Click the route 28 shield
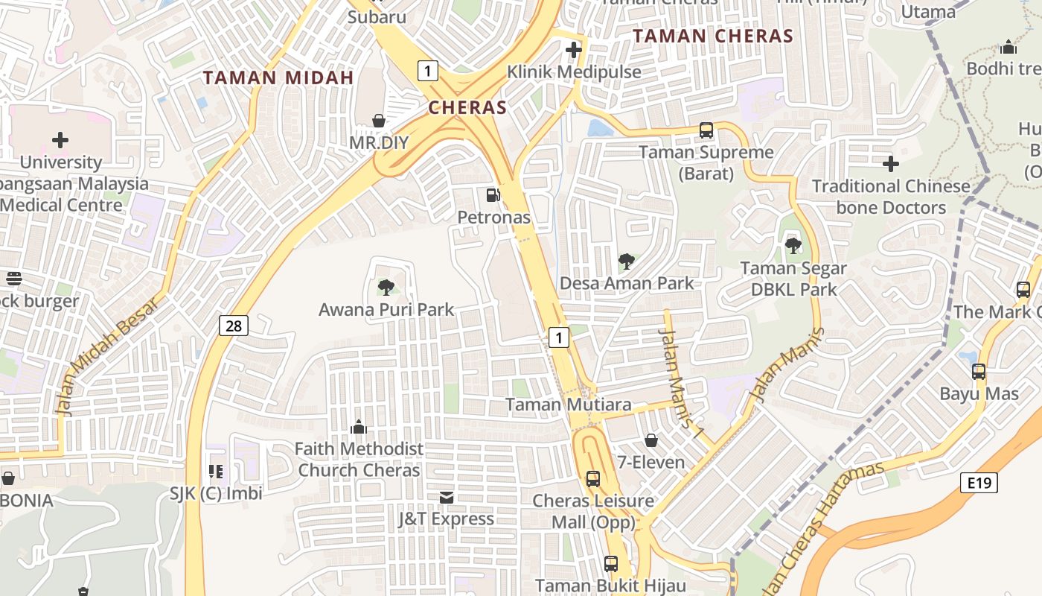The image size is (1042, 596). (234, 326)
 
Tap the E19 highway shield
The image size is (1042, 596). (978, 483)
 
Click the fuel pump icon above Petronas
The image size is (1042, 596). (493, 195)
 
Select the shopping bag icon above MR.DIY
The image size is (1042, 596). (379, 121)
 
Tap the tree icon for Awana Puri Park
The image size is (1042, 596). (386, 287)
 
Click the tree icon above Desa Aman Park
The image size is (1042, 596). (627, 261)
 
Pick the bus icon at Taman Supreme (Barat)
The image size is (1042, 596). (706, 130)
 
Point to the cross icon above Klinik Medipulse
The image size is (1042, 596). (573, 51)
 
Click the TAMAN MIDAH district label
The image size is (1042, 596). (278, 77)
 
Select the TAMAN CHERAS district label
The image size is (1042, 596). (712, 36)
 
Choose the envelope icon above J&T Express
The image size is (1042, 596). (447, 497)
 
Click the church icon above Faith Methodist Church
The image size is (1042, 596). (359, 427)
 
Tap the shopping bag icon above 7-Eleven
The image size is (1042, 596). (651, 440)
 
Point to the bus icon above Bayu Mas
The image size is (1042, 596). (978, 371)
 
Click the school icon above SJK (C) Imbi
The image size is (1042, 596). (216, 471)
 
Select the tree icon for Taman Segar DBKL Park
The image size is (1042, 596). (793, 245)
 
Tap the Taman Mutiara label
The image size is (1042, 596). (568, 405)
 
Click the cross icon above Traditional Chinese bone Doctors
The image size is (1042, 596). (890, 164)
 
